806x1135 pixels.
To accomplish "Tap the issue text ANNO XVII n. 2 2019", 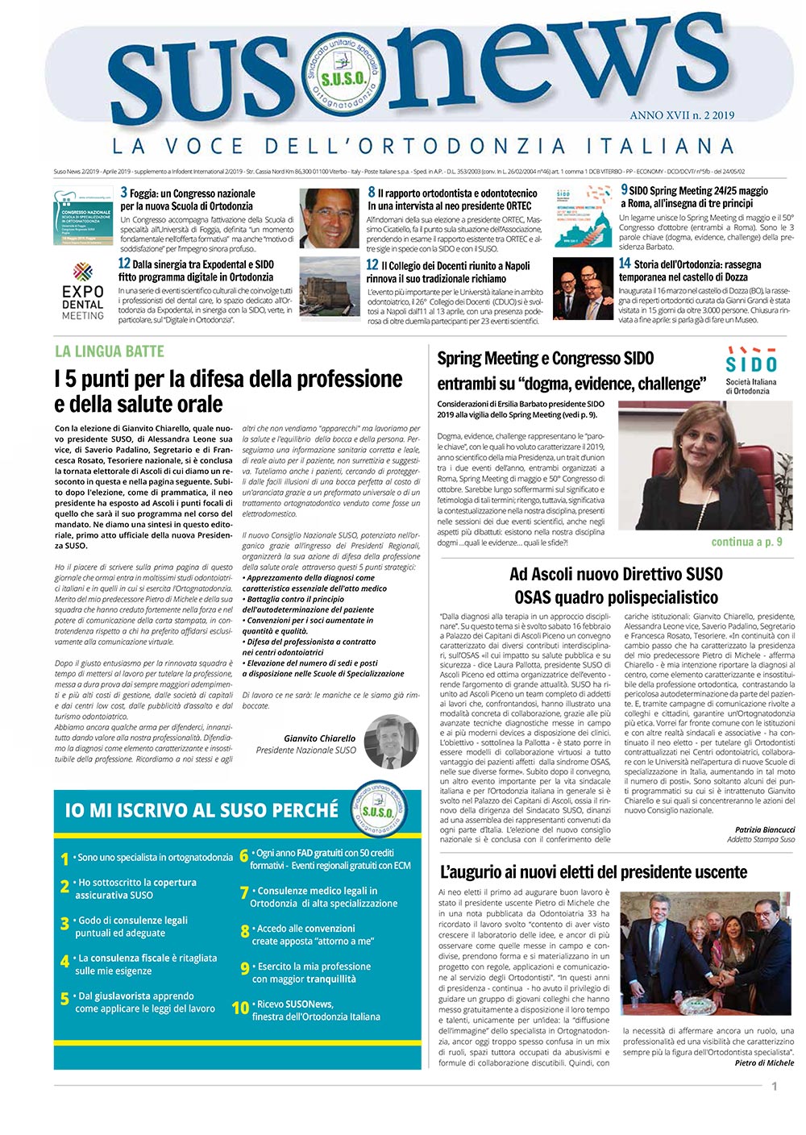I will (682, 115).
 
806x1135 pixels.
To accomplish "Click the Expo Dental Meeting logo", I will (83, 291).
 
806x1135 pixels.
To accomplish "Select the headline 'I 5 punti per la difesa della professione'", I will (229, 379).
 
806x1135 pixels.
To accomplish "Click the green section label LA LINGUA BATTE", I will (110, 351).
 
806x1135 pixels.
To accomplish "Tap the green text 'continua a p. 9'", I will (746, 542).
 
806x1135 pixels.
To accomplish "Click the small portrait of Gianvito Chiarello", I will (392, 742).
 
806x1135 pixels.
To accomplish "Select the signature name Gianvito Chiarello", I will (319, 738).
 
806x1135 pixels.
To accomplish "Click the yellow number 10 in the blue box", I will (240, 1008).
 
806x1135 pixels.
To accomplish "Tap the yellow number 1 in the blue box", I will (64, 859).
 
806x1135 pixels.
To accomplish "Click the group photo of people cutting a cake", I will (707, 954).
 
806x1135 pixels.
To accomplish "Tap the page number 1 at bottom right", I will (775, 1087).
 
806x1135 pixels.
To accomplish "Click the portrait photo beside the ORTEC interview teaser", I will (329, 218).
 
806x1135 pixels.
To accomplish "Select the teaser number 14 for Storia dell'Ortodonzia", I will (624, 264).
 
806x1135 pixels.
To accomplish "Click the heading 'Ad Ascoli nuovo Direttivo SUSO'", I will (616, 575).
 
